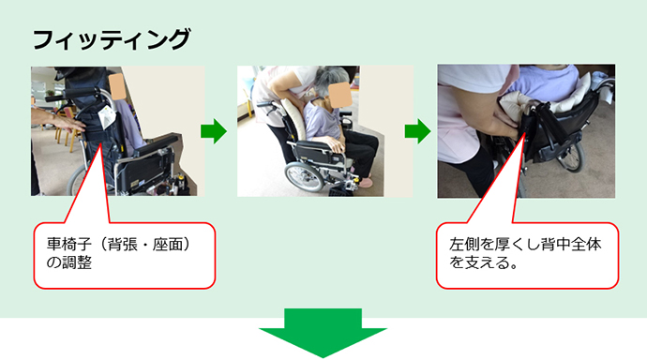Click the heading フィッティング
(x=112, y=39)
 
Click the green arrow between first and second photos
(x=214, y=131)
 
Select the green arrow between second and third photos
(x=417, y=131)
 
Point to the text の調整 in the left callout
(x=68, y=262)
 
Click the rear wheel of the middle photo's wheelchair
(x=304, y=177)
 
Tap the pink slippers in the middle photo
(x=365, y=182)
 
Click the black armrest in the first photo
(x=158, y=143)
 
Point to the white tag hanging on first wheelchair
(x=107, y=116)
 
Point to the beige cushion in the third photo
(x=516, y=106)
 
